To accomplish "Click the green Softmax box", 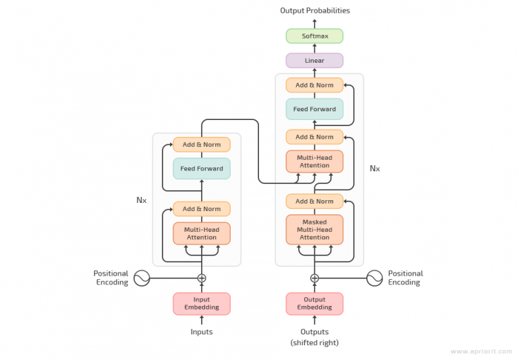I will pos(314,36).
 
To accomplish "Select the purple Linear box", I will pos(314,61).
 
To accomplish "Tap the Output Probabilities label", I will pos(315,10).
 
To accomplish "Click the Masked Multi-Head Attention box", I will pos(314,229).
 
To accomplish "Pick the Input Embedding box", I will pos(202,303).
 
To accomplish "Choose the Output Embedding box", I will pos(314,303).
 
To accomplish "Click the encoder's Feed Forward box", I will pos(202,169).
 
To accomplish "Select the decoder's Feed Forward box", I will pos(314,109).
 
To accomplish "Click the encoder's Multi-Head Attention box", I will pos(202,233).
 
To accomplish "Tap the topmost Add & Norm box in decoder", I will pos(314,85).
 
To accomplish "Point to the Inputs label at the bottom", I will pos(202,332).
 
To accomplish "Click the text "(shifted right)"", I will pos(314,342).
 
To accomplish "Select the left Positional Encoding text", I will pos(111,278).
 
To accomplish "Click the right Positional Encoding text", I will pos(405,278).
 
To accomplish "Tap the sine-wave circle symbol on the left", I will pos(142,278).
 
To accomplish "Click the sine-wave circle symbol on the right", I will pos(375,278).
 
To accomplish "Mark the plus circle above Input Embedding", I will pos(202,278).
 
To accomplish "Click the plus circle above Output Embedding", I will pos(314,278).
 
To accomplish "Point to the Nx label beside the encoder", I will pos(142,200).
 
